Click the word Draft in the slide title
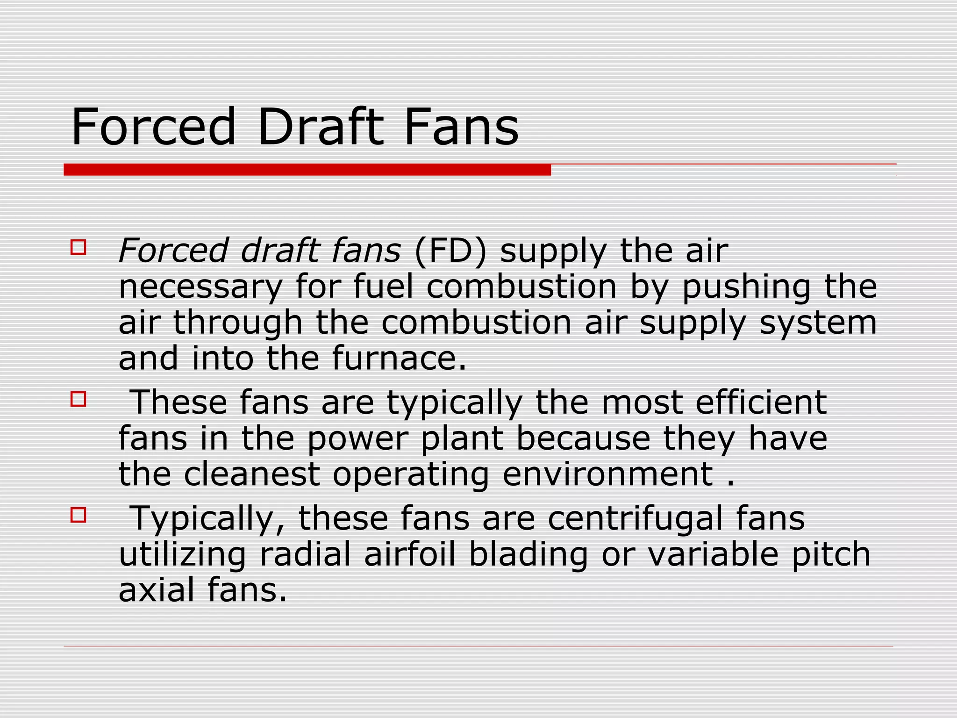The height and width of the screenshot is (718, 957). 320,127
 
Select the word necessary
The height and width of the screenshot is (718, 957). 200,287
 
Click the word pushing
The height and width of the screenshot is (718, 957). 746,287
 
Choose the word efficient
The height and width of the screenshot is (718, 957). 761,402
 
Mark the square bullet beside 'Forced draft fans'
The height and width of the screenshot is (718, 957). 79,247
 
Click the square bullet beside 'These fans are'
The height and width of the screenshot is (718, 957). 79,399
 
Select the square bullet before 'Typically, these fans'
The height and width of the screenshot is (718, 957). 79,515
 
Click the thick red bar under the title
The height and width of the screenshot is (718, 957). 307,170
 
